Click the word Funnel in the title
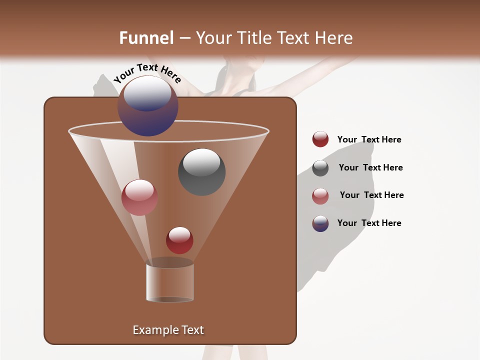pyautogui.click(x=146, y=38)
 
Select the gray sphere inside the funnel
pyautogui.click(x=201, y=172)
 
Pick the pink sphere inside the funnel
pyautogui.click(x=139, y=197)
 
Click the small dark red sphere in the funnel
pyautogui.click(x=179, y=240)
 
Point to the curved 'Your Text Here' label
pyautogui.click(x=147, y=73)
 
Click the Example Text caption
pyautogui.click(x=168, y=330)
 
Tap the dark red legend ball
pyautogui.click(x=320, y=139)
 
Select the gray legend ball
pyautogui.click(x=320, y=167)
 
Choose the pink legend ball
pyautogui.click(x=320, y=195)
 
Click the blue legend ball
pyautogui.click(x=320, y=223)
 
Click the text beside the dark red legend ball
pyautogui.click(x=369, y=139)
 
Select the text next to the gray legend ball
pyautogui.click(x=370, y=167)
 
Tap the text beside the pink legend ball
pyautogui.click(x=371, y=195)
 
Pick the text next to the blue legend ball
pyautogui.click(x=369, y=223)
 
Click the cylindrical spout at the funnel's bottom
pyautogui.click(x=170, y=282)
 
